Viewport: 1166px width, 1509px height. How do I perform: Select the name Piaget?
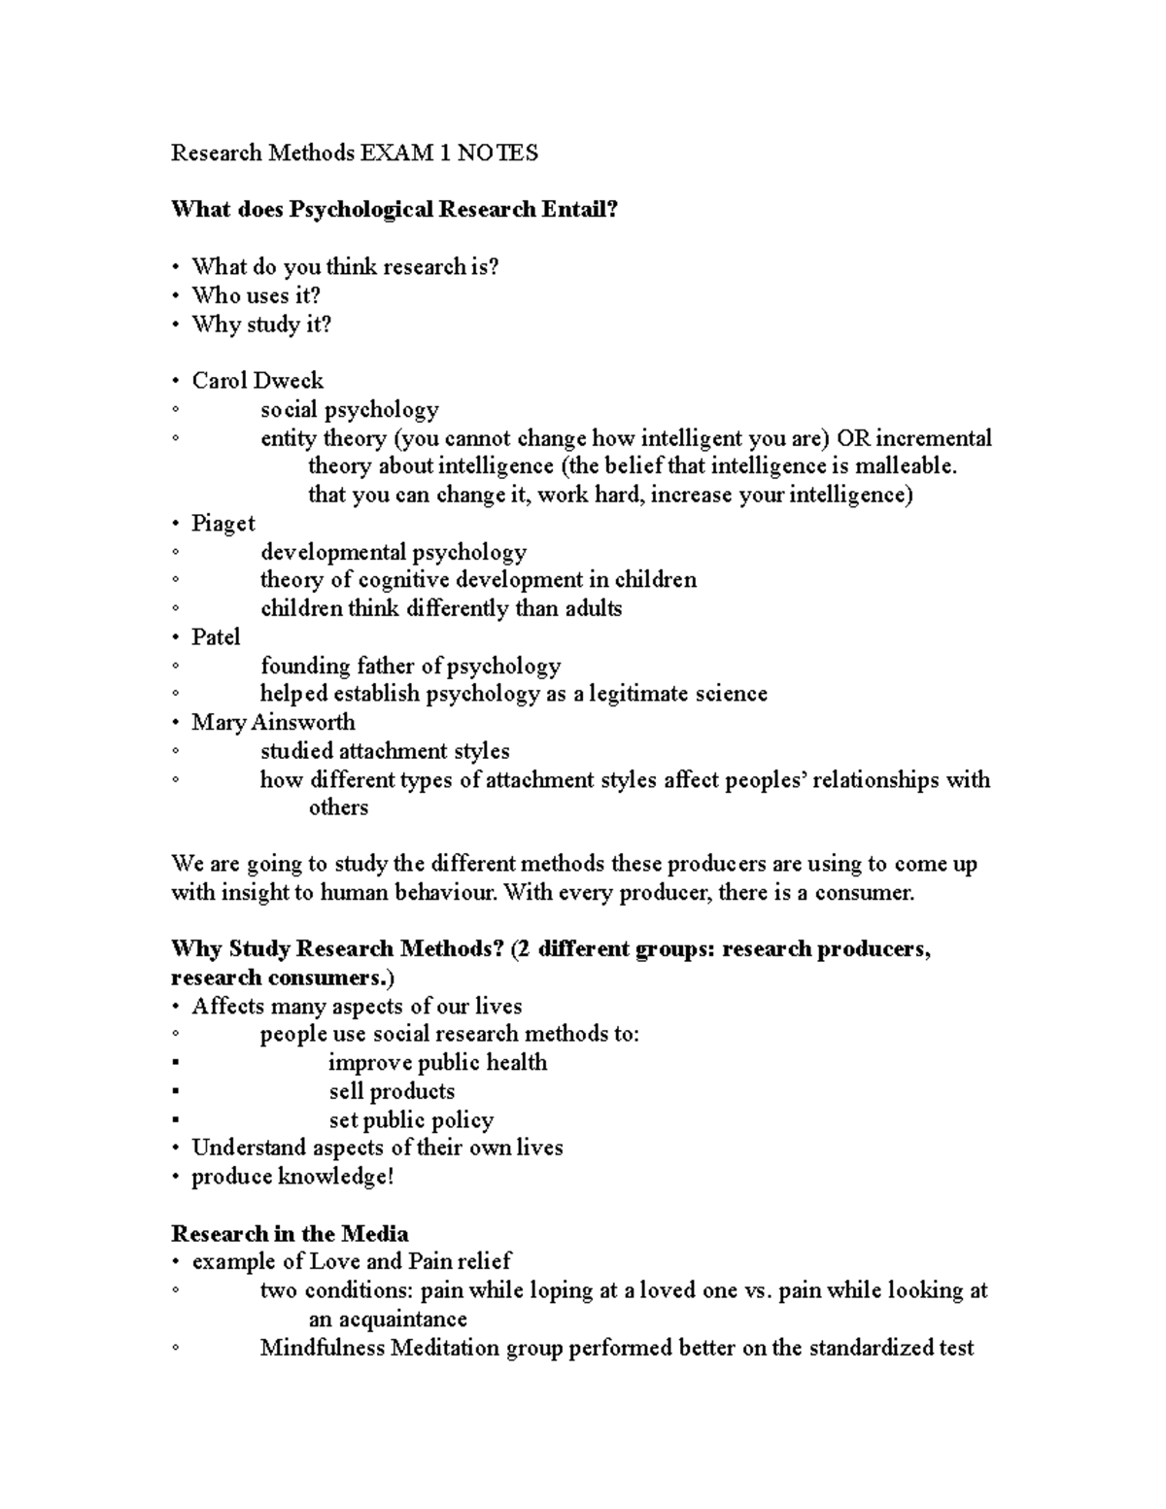coord(223,524)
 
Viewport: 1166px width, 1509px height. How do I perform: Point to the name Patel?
coord(216,637)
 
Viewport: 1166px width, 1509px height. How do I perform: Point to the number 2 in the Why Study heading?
coord(523,949)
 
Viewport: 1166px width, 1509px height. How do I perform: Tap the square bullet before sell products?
coord(176,1092)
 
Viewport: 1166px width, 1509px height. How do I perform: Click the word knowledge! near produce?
coord(336,1178)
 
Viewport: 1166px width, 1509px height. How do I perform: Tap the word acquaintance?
coord(400,1320)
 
